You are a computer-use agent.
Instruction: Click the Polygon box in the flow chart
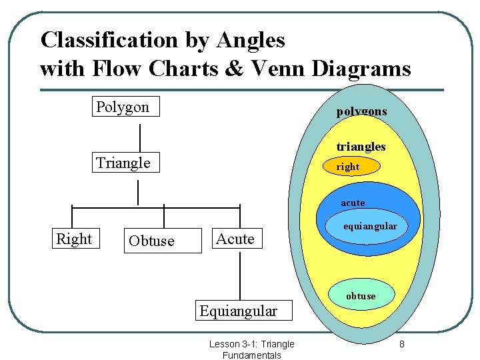[125, 107]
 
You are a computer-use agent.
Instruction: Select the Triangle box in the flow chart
[125, 163]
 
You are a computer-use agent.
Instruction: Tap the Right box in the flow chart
[74, 239]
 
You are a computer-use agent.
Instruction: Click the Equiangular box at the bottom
[238, 311]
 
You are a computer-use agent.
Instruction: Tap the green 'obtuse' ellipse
[361, 295]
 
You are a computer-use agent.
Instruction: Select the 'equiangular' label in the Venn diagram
[370, 227]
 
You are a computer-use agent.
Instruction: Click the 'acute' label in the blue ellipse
[353, 203]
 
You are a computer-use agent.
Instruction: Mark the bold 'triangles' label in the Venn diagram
[361, 146]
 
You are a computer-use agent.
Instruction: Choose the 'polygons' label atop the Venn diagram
[361, 111]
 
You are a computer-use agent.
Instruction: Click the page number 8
[402, 344]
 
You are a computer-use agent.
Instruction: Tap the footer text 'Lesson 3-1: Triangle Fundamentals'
[251, 349]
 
